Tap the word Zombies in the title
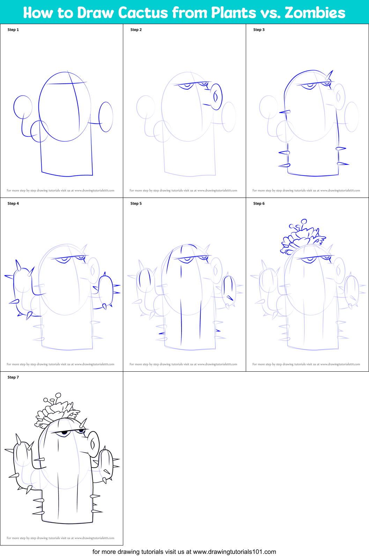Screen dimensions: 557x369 point(315,13)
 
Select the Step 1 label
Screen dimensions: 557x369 point(13,30)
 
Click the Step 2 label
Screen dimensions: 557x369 point(136,30)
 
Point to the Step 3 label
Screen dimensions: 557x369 point(259,30)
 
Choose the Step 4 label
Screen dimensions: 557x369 point(13,203)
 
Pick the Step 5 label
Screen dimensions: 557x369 point(136,203)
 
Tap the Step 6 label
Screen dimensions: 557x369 point(259,203)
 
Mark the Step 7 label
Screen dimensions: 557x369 point(13,377)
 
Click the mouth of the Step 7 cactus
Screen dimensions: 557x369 point(93,444)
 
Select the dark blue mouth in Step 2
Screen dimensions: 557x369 point(216,97)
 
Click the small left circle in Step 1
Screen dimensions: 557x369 point(23,107)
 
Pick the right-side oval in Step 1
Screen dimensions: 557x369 point(106,117)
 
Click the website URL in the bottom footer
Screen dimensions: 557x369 point(234,552)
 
